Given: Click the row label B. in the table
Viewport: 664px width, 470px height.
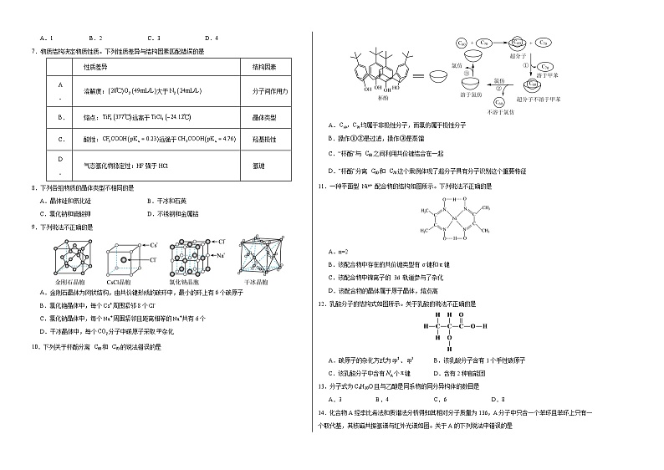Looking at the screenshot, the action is coord(59,119).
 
